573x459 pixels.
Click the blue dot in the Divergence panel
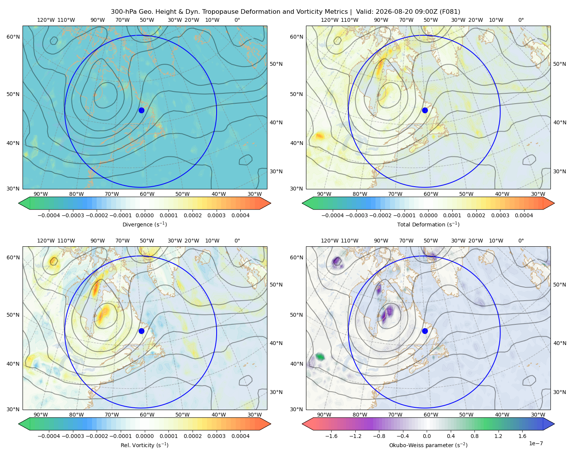click(141, 111)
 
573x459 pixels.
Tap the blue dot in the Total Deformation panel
click(425, 111)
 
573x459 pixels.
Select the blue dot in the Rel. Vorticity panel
click(141, 331)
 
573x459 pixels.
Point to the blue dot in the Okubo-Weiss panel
click(425, 331)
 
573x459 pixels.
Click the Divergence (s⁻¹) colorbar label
click(144, 225)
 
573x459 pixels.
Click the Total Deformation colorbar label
click(428, 225)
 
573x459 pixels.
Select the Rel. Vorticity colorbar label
click(144, 445)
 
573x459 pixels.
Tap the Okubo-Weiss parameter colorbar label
click(428, 445)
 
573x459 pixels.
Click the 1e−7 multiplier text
click(536, 444)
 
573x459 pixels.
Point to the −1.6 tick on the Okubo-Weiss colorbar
click(331, 436)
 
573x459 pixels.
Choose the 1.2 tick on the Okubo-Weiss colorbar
click(498, 436)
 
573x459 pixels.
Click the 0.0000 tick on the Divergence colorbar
click(144, 215)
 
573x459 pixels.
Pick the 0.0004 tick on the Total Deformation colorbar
click(524, 215)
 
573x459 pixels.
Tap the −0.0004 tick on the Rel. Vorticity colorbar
click(49, 436)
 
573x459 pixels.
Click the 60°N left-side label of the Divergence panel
click(13, 37)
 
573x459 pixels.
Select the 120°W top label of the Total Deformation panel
click(330, 20)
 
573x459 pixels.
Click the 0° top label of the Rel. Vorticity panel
click(237, 241)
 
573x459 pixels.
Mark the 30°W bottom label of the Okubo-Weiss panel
click(538, 415)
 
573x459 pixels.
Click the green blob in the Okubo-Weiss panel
click(320, 356)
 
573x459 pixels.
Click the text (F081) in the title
click(450, 12)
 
